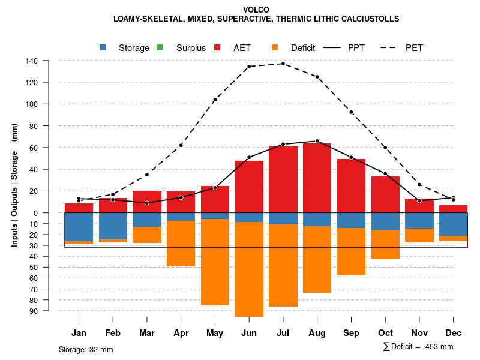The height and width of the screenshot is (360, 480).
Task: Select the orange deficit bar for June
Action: [x=249, y=269]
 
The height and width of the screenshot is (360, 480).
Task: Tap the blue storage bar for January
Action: [x=79, y=227]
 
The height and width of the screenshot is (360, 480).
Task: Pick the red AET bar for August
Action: [x=317, y=178]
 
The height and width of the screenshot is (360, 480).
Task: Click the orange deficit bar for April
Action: [x=181, y=243]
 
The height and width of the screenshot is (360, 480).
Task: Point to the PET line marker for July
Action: [x=283, y=64]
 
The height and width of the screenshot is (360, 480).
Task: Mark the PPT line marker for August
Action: [x=317, y=141]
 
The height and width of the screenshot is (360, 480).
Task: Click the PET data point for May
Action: [x=215, y=100]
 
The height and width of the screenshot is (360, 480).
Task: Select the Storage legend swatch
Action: [x=103, y=47]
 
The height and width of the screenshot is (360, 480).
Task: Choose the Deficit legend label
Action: [x=303, y=48]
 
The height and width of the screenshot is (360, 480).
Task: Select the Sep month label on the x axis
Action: [x=352, y=333]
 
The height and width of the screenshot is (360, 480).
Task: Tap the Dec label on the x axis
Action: [x=454, y=333]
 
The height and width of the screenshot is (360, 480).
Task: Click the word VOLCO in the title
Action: [x=256, y=10]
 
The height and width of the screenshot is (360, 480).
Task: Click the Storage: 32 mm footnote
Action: [x=86, y=349]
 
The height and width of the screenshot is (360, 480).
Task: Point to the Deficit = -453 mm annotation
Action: [x=418, y=347]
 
